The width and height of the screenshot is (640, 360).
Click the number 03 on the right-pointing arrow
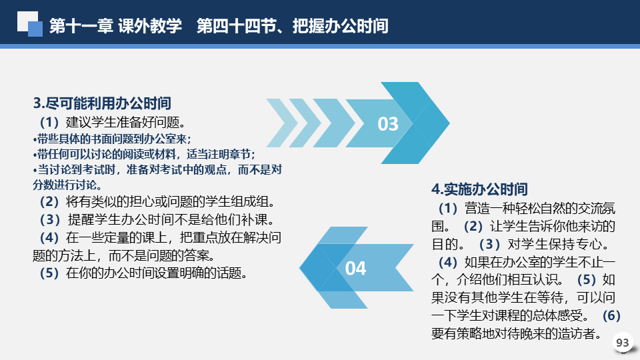[388, 124]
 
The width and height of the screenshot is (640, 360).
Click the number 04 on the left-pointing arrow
[355, 268]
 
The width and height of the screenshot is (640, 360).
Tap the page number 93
[623, 343]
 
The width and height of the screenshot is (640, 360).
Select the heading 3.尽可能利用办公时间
[102, 103]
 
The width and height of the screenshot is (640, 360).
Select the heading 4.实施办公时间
[479, 189]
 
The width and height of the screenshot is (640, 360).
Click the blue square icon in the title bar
[35, 29]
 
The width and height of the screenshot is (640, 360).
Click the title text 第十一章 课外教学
[115, 26]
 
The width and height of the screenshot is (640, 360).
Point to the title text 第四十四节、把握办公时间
[292, 26]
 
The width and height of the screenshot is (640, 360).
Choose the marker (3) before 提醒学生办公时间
[50, 219]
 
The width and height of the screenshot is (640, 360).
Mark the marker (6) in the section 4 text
[611, 315]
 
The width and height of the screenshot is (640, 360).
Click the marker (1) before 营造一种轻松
[448, 208]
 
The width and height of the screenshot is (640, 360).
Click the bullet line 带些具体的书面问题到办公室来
[112, 139]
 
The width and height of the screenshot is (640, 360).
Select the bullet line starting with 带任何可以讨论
[144, 154]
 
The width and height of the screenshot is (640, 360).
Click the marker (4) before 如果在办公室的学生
[448, 262]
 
